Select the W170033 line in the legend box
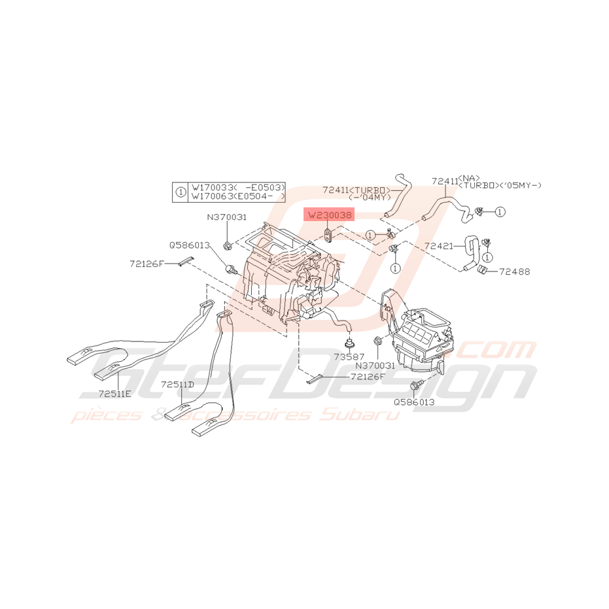tap(237, 187)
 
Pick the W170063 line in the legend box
tap(237, 196)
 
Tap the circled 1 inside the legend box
tap(181, 192)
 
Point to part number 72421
tap(438, 247)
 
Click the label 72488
tap(515, 271)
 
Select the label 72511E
tap(115, 394)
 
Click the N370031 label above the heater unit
tap(226, 217)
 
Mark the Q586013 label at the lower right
tap(414, 402)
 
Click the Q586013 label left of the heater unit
tap(189, 245)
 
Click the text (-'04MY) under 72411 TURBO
tap(369, 198)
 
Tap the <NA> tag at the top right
tap(470, 177)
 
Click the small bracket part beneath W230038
tap(329, 234)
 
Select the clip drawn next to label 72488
tap(484, 270)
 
